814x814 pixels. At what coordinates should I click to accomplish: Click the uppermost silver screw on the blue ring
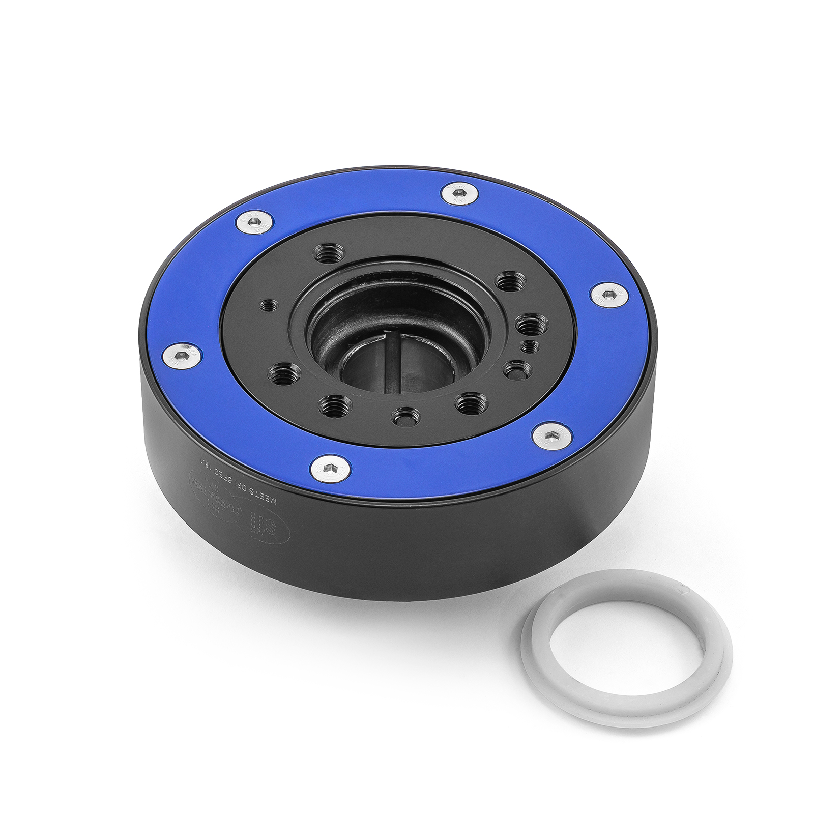(x=459, y=193)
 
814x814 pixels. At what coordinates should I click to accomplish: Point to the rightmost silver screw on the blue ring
(x=609, y=295)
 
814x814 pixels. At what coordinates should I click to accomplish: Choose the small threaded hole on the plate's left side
(x=269, y=306)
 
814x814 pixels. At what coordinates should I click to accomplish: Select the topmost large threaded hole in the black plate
(x=329, y=252)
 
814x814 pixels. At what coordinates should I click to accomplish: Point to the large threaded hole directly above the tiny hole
(x=531, y=324)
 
